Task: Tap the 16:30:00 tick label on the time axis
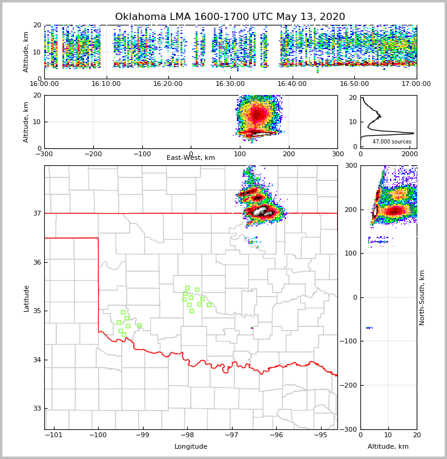[x=230, y=84]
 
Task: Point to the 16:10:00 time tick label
[x=107, y=84]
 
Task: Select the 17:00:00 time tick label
[x=416, y=84]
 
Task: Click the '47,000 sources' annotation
[x=391, y=142]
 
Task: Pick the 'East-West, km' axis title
[x=191, y=158]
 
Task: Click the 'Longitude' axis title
[x=191, y=447]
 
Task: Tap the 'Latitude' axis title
[x=27, y=298]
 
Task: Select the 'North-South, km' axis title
[x=422, y=297]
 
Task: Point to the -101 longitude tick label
[x=54, y=435]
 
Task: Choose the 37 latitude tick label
[x=38, y=213]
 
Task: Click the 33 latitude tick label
[x=38, y=409]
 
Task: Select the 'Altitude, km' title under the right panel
[x=388, y=447]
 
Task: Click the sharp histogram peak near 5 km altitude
[x=413, y=133]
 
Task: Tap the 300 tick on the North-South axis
[x=351, y=165]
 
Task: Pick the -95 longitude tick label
[x=320, y=435]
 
